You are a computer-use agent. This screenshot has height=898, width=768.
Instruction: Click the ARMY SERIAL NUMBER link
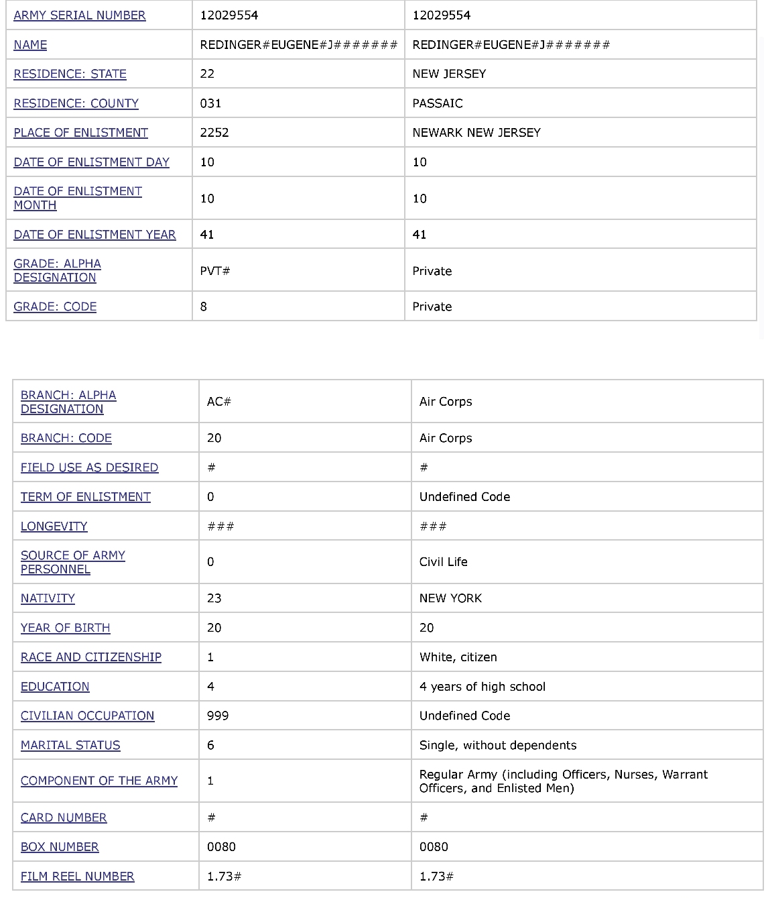pos(79,15)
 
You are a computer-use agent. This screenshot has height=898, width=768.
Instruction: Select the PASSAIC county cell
pos(437,103)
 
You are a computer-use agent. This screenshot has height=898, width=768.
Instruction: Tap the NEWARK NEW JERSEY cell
pos(476,133)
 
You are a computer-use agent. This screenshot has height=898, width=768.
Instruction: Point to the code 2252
pos(214,133)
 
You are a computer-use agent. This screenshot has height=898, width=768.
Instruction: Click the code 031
pos(210,103)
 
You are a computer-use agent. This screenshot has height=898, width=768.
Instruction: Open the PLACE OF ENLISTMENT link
pos(80,133)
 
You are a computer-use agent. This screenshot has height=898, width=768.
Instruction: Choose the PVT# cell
pos(214,271)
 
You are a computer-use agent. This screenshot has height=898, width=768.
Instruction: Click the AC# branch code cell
pos(218,402)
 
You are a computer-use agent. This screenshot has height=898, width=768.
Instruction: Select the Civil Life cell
pos(443,562)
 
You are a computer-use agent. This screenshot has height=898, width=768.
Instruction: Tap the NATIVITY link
pos(48,598)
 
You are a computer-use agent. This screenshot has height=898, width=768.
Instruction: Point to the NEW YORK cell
pos(450,598)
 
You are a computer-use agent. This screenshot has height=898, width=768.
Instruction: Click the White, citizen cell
pos(458,657)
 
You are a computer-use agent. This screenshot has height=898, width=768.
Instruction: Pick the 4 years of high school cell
pos(482,687)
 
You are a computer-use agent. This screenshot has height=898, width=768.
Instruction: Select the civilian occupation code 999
pos(217,716)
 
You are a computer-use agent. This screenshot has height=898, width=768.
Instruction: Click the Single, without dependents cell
pos(497,745)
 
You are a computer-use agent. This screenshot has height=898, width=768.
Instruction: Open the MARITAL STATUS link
pos(70,745)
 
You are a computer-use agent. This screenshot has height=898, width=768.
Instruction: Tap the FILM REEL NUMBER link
pos(77,877)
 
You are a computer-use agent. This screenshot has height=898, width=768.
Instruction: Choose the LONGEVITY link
pos(54,526)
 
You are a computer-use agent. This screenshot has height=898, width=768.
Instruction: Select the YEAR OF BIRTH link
pos(65,628)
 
